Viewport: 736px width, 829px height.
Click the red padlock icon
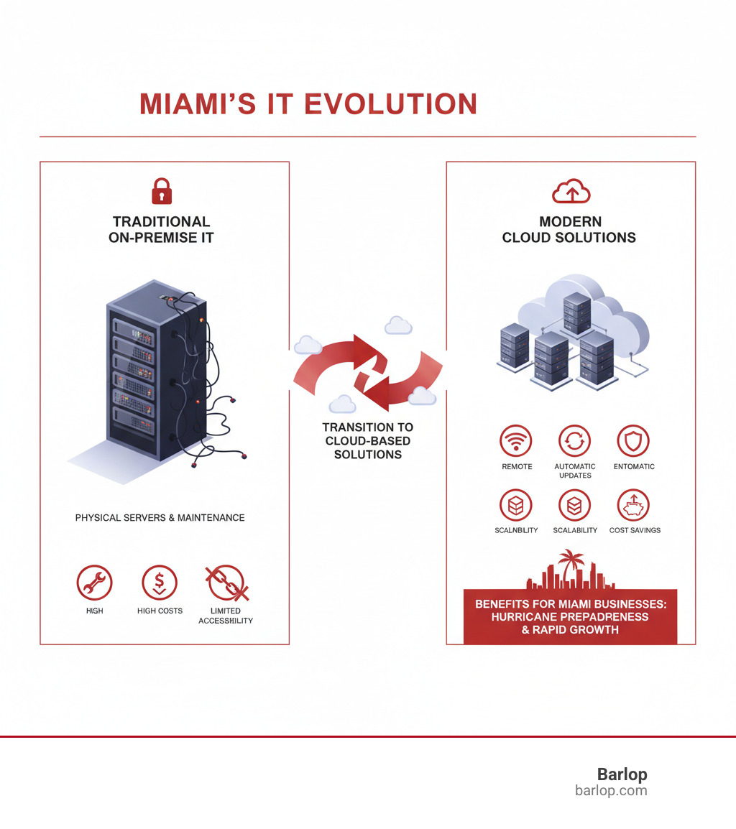coord(162,192)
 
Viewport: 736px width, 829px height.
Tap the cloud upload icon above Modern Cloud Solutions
coord(571,192)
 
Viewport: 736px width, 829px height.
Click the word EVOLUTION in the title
coord(391,103)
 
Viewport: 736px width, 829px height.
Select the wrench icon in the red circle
coord(94,583)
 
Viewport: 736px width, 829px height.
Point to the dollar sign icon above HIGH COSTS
coord(160,583)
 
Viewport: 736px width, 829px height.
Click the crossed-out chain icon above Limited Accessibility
coord(226,583)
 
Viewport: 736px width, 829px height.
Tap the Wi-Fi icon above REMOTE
coord(516,441)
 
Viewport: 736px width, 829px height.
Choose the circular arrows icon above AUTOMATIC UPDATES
coord(574,441)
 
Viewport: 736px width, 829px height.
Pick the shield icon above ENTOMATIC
coord(633,441)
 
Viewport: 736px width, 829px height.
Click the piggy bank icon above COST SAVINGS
coord(633,506)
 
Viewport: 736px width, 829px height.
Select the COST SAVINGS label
coord(635,530)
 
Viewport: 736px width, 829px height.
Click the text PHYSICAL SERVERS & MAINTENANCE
coord(160,517)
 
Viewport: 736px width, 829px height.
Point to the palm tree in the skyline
coord(573,563)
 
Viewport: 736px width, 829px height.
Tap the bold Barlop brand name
coord(622,774)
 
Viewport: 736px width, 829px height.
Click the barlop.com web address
coord(611,790)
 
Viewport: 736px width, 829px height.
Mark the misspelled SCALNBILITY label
coord(517,530)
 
